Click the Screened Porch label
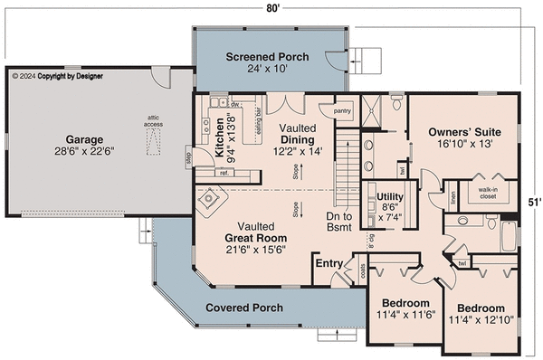(x=267, y=57)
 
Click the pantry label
(x=342, y=111)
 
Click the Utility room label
(x=390, y=195)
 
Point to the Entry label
(x=327, y=264)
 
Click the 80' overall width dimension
(x=272, y=9)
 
